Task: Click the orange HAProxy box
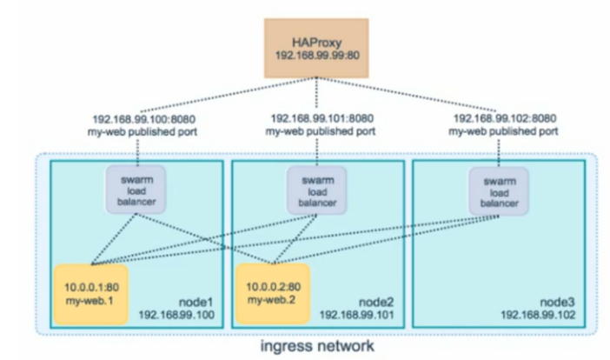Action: [x=304, y=43]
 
